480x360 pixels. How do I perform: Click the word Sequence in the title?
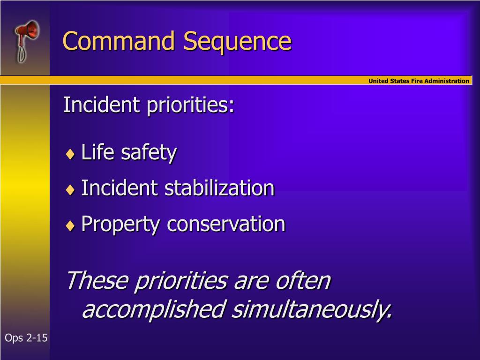237,42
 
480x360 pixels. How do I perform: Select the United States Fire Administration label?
418,81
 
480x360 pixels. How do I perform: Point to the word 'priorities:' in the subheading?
190,105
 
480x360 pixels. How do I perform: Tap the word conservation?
226,224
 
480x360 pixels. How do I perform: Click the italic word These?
97,281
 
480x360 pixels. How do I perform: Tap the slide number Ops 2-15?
26,338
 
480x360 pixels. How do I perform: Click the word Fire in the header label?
418,81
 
